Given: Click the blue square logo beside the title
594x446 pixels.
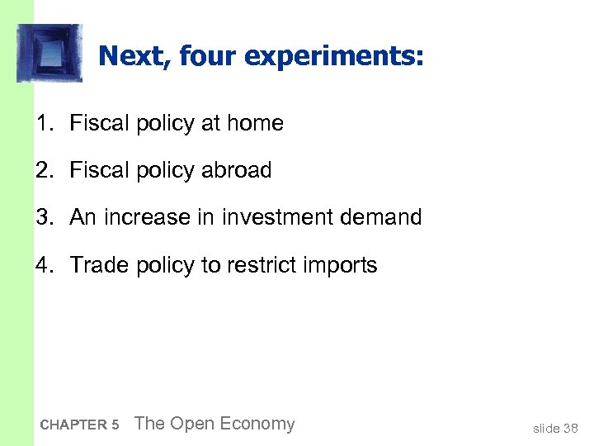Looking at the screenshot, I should (x=49, y=53).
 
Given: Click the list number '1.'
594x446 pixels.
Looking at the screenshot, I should (x=45, y=124).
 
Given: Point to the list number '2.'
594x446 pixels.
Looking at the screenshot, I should (x=45, y=171).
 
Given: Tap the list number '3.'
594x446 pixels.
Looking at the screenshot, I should (x=45, y=218).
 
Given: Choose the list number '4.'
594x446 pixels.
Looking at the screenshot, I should (x=45, y=266).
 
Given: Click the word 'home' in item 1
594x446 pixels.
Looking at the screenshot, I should (x=256, y=124).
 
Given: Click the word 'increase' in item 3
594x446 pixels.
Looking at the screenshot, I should (x=147, y=218).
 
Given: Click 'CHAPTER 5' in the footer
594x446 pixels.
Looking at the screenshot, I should (x=79, y=425).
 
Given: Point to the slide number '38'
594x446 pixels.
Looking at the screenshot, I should (x=571, y=428).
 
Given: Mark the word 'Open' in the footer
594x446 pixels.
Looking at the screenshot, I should (x=189, y=425).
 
